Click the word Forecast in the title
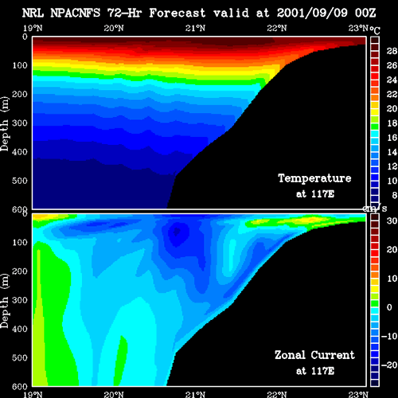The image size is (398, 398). (178, 13)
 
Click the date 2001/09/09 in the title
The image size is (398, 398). (312, 13)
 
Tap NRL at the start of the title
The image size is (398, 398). (33, 13)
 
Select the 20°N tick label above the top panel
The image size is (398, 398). (114, 28)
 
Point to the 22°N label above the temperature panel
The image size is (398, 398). (277, 28)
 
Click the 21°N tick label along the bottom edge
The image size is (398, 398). (195, 395)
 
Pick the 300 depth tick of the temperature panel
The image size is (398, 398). (20, 123)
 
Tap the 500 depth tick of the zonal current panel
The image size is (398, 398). (20, 357)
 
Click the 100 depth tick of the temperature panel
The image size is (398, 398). (20, 65)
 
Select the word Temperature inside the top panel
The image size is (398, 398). (314, 178)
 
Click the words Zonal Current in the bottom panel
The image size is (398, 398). (314, 355)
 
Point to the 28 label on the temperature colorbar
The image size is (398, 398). (392, 51)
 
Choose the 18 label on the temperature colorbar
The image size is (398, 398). (392, 123)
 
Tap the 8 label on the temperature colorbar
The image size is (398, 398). (395, 195)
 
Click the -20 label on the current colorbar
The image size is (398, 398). (389, 365)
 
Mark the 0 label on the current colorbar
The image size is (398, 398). (389, 307)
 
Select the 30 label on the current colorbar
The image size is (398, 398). (392, 220)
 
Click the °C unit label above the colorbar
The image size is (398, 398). (375, 30)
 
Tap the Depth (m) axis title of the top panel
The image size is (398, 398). (5, 123)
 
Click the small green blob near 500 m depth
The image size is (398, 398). (121, 361)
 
